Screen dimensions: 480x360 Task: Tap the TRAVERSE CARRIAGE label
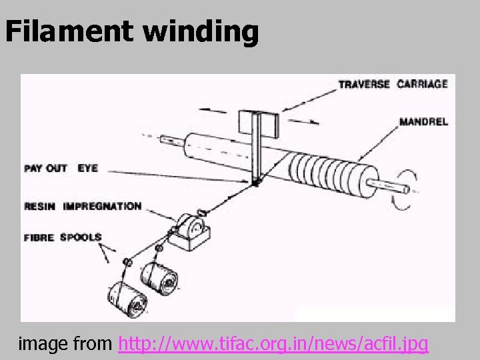pyautogui.click(x=393, y=84)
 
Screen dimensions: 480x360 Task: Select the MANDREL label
pyautogui.click(x=423, y=122)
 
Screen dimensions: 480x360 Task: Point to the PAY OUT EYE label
pyautogui.click(x=61, y=168)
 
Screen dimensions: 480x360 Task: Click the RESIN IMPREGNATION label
pyautogui.click(x=83, y=206)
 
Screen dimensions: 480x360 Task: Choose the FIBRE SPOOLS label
pyautogui.click(x=63, y=237)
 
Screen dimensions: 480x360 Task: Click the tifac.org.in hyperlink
pyautogui.click(x=273, y=344)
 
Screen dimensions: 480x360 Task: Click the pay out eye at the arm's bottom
pyautogui.click(x=256, y=181)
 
